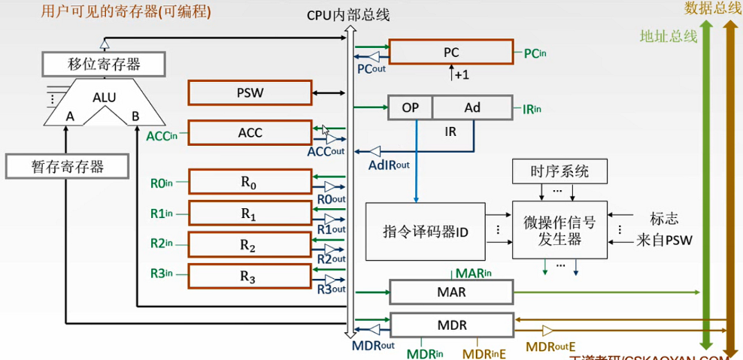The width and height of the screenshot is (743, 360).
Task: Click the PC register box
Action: click(450, 53)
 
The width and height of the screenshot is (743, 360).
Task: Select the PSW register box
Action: click(250, 93)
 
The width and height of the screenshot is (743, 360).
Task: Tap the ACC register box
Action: click(250, 133)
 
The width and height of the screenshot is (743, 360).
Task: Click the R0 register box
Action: click(249, 182)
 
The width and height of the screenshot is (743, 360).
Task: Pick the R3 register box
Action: click(249, 277)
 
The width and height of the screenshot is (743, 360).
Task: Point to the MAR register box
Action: click(450, 291)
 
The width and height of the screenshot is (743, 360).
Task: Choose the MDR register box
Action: click(450, 325)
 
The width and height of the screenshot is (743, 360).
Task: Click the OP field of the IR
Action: click(410, 107)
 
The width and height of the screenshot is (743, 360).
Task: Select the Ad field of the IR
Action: click(472, 107)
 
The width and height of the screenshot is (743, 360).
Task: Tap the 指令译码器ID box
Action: click(426, 231)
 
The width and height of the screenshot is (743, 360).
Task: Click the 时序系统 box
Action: click(560, 171)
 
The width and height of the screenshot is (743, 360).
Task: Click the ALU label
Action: click(105, 98)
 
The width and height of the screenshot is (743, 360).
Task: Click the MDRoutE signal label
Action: click(550, 346)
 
